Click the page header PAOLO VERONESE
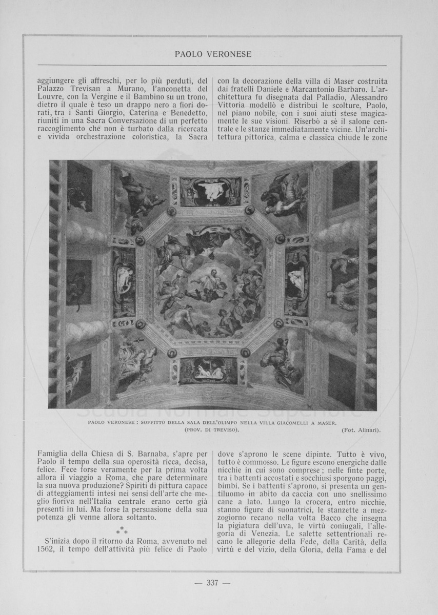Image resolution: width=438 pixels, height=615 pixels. click(213, 54)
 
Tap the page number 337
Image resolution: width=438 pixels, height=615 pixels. click(212, 582)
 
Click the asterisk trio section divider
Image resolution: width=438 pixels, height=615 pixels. click(123, 529)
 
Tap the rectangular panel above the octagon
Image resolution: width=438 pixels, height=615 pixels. click(210, 191)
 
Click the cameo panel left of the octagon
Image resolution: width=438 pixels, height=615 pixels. click(124, 282)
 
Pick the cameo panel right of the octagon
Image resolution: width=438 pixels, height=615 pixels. click(296, 281)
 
